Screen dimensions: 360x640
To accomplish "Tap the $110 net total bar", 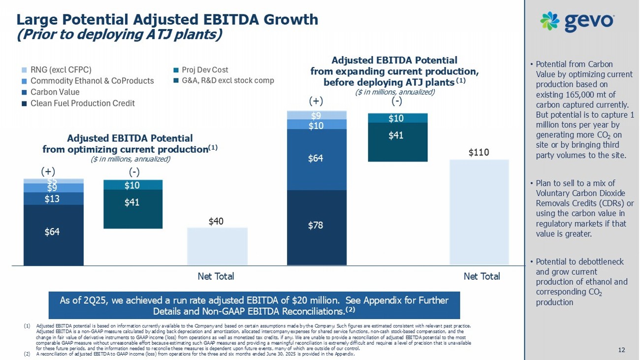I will click(x=479, y=212).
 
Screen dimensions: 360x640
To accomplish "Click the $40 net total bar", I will click(x=217, y=246).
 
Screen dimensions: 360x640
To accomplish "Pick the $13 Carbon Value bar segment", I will click(x=53, y=198).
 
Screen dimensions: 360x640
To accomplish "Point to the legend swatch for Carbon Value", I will click(x=25, y=92).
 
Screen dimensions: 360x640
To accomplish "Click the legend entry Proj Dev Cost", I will click(x=205, y=69).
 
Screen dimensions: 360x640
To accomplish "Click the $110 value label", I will click(x=479, y=153).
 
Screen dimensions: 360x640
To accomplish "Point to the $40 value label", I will click(x=217, y=221).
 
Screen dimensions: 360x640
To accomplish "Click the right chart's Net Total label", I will click(x=481, y=276).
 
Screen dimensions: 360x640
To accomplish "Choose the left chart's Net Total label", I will click(x=216, y=276).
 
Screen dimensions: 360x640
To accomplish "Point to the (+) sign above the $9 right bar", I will click(x=316, y=102).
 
